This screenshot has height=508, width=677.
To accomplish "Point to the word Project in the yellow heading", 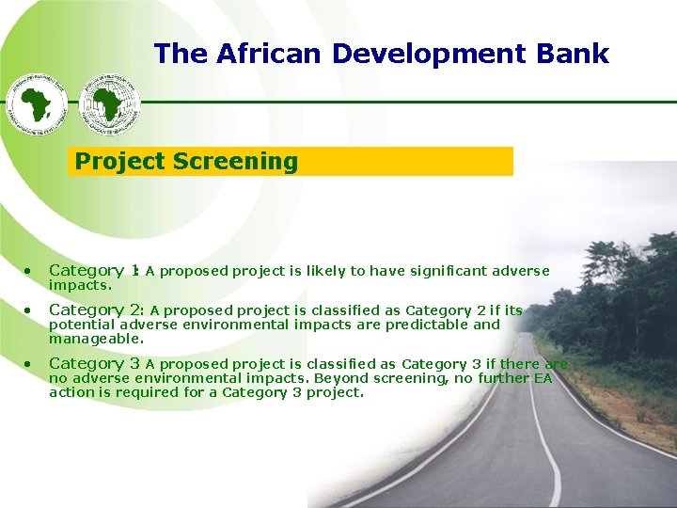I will tap(120, 162).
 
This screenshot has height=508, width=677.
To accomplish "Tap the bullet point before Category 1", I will tap(30, 271).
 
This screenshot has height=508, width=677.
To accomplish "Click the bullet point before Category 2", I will tap(30, 310).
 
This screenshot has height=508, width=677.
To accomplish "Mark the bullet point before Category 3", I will tap(30, 363).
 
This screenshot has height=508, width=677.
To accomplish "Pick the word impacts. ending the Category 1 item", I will tap(80, 284).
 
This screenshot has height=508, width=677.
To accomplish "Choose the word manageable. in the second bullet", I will tap(97, 338).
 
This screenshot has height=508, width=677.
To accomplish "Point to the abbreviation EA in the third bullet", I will tap(543, 378).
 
